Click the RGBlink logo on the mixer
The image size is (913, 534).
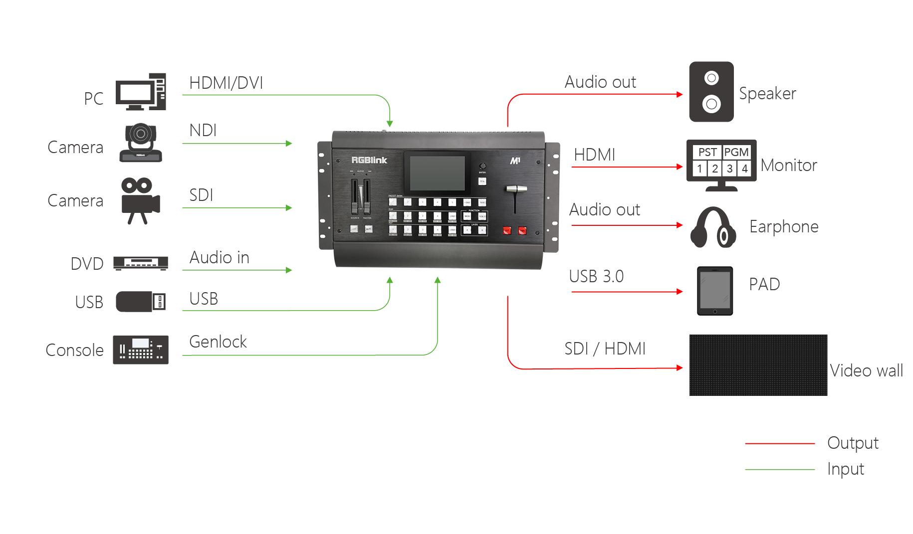[x=369, y=160]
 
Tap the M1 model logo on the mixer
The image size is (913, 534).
[x=515, y=161]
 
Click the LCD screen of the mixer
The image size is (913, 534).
[x=437, y=173]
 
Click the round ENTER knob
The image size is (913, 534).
[x=482, y=166]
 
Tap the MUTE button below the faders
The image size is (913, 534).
[x=368, y=229]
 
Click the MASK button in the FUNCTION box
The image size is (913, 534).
[x=467, y=216]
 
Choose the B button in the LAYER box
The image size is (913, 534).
[x=482, y=230]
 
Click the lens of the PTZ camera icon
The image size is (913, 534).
[x=141, y=134]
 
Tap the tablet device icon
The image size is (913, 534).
[x=715, y=291]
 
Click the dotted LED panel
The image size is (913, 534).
[x=758, y=366]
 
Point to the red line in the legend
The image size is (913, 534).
[x=786, y=443]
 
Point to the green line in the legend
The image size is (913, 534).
[x=786, y=470]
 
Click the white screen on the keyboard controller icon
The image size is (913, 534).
[x=141, y=343]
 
